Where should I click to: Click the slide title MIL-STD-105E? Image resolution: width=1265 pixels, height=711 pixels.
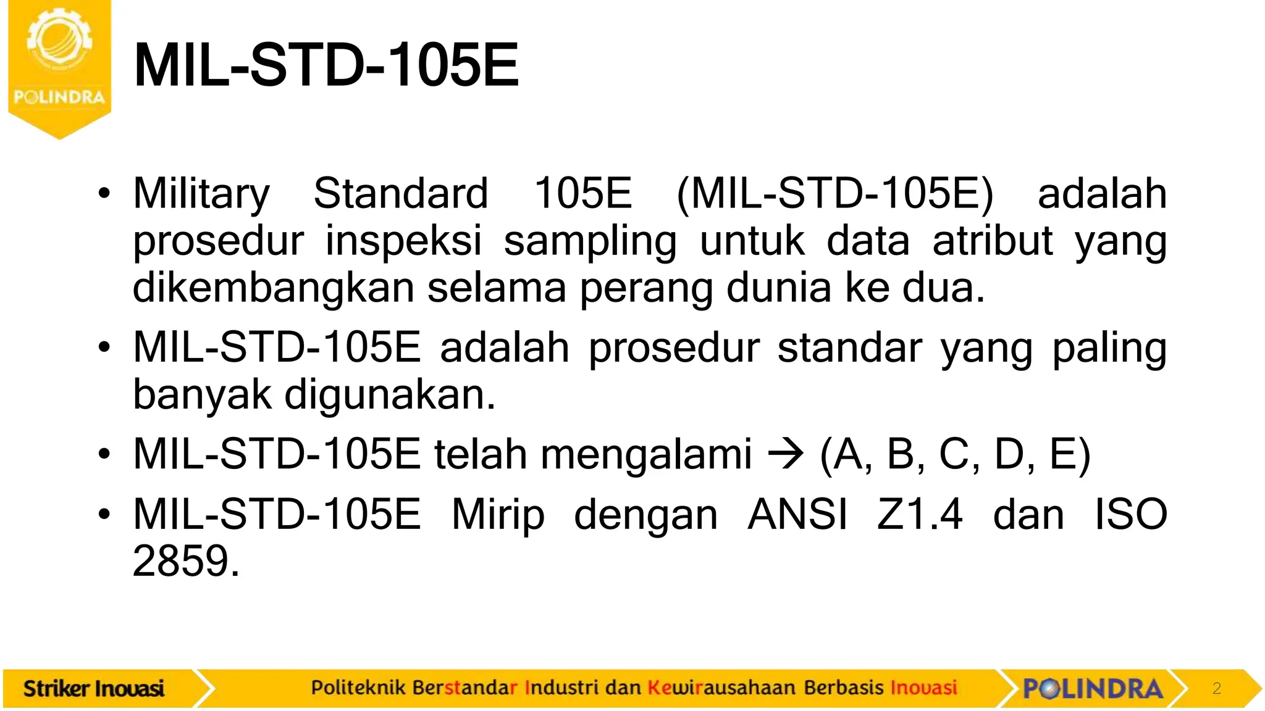326,65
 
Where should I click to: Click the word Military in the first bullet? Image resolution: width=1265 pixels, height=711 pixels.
201,194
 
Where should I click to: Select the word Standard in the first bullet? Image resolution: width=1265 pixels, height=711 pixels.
401,194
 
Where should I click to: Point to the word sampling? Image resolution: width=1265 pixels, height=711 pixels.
590,241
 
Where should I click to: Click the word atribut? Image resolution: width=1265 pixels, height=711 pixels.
993,241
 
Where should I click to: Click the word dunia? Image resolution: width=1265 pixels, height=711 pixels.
778,288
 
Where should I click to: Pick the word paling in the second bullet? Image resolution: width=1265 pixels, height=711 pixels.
1109,348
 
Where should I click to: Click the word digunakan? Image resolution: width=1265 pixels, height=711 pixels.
389,395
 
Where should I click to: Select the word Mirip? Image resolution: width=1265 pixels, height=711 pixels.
498,515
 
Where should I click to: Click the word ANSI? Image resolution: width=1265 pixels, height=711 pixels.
797,515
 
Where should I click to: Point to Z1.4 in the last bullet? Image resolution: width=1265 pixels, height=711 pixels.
920,515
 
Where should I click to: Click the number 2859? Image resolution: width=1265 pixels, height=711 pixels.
186,562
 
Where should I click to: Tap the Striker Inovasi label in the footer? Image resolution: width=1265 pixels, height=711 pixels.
94,689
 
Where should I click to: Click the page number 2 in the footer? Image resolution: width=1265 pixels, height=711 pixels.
1216,689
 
